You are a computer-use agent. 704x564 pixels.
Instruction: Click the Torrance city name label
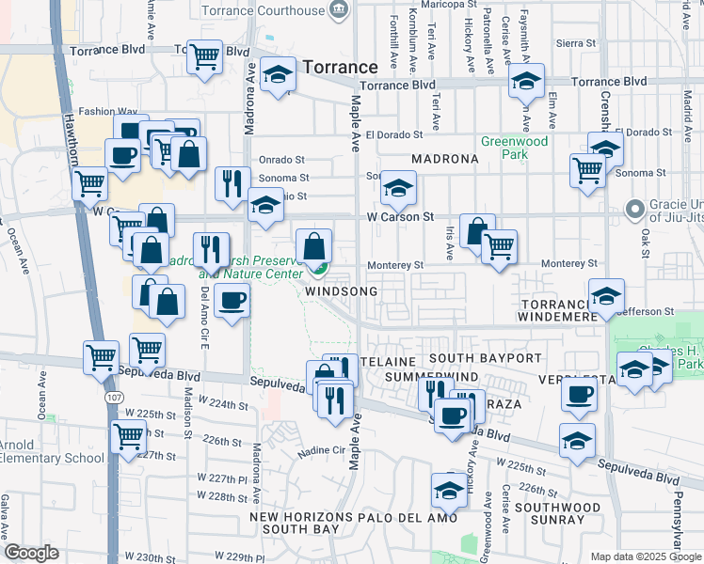tap(340, 67)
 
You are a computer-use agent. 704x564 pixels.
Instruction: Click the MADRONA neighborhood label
tap(444, 159)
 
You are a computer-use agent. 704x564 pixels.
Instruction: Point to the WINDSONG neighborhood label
tap(342, 291)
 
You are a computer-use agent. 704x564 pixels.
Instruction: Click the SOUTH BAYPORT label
tap(486, 359)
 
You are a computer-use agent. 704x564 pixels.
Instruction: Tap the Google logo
tap(31, 554)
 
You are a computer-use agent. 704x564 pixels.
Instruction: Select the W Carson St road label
tap(401, 216)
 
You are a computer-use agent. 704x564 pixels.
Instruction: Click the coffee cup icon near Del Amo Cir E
tap(231, 300)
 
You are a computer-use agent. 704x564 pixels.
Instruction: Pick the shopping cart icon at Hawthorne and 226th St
tap(127, 435)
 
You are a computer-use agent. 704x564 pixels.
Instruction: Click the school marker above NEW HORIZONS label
tap(449, 490)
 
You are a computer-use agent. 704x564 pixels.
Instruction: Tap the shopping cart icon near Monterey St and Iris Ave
tap(499, 247)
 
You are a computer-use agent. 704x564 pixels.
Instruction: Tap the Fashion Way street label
tap(107, 111)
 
